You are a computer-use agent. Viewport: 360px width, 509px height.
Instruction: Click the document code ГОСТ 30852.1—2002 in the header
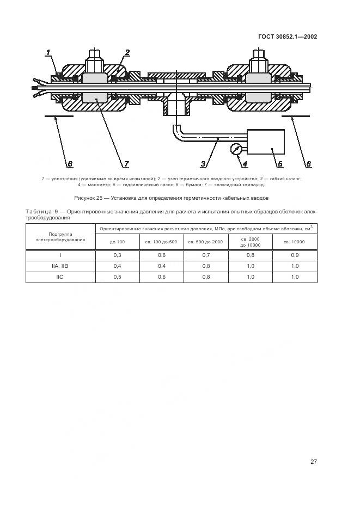click(x=287, y=37)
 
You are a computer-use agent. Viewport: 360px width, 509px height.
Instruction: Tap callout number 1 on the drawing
click(x=48, y=53)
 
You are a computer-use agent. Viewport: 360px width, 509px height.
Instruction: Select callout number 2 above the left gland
click(x=127, y=53)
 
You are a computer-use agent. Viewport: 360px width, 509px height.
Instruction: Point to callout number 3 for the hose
click(x=203, y=163)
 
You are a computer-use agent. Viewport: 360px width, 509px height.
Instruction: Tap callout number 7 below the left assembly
click(x=126, y=163)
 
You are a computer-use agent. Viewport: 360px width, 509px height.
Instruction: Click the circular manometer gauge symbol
click(x=235, y=149)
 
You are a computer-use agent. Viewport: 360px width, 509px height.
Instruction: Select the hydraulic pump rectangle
click(x=265, y=143)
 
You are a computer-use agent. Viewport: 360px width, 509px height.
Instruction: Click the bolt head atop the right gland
click(x=258, y=56)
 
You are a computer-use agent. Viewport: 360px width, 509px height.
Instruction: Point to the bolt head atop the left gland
click(x=95, y=56)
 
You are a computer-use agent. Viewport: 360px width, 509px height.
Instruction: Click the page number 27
click(x=314, y=462)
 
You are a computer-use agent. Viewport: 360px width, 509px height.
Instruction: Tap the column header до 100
click(x=117, y=241)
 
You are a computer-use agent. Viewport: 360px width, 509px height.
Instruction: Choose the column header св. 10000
click(x=295, y=241)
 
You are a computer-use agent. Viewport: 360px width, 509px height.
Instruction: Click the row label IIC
click(x=60, y=277)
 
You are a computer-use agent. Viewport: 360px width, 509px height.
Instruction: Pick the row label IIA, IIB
click(x=60, y=266)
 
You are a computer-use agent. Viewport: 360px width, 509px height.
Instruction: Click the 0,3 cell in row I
click(x=117, y=255)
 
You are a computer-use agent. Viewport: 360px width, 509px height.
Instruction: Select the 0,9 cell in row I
click(x=295, y=255)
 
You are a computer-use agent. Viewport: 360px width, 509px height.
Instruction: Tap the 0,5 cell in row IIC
click(x=117, y=277)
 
